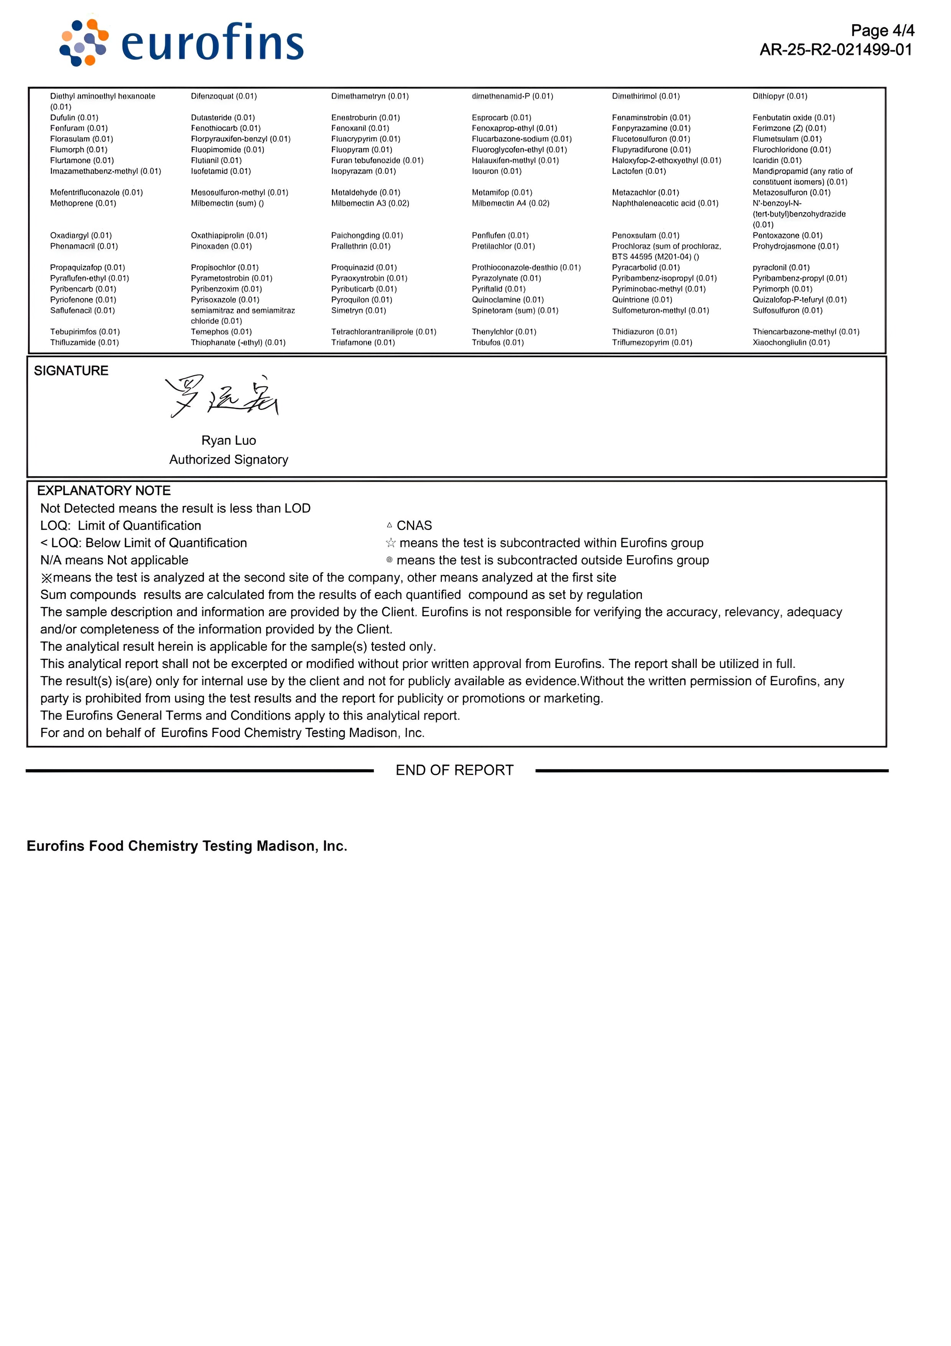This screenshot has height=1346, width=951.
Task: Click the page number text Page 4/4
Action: click(882, 30)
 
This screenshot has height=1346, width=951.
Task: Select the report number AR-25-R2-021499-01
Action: click(836, 50)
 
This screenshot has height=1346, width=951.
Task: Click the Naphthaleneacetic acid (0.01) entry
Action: click(665, 203)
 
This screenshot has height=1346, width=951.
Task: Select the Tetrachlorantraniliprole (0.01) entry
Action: click(383, 332)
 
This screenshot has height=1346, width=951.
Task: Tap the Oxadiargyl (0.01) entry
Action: click(81, 236)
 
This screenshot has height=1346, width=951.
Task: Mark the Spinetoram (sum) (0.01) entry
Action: click(515, 311)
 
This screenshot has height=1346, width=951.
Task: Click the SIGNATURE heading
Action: click(71, 370)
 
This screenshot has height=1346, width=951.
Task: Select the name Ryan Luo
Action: click(229, 440)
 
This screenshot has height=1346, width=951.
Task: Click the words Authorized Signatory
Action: click(229, 460)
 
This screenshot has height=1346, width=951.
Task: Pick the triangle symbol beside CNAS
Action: click(389, 525)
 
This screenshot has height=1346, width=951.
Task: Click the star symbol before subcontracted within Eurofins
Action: click(390, 543)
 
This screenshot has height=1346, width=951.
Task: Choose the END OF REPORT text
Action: click(454, 770)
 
